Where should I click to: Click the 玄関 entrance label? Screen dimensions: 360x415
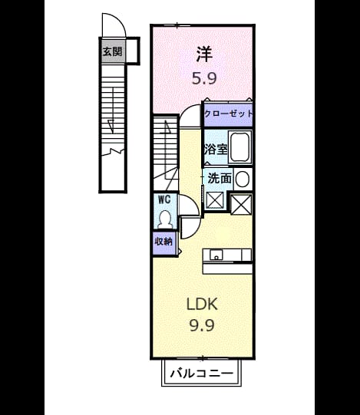pyautogui.click(x=112, y=51)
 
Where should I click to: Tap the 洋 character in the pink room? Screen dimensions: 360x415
pyautogui.click(x=204, y=54)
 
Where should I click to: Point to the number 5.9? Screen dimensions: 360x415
pyautogui.click(x=204, y=78)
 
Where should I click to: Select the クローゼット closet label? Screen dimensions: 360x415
pyautogui.click(x=228, y=114)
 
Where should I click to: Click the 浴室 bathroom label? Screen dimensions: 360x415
pyautogui.click(x=216, y=150)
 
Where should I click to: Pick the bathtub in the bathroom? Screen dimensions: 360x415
pyautogui.click(x=240, y=147)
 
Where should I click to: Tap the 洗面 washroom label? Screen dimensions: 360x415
pyautogui.click(x=220, y=179)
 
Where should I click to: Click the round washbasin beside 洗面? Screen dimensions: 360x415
pyautogui.click(x=242, y=180)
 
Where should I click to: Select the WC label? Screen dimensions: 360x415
pyautogui.click(x=164, y=199)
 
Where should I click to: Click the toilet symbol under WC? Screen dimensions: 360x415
pyautogui.click(x=165, y=219)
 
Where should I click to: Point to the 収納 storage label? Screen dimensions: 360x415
pyautogui.click(x=163, y=241)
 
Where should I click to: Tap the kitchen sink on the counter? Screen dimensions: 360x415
pyautogui.click(x=216, y=255)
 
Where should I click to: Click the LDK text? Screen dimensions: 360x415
pyautogui.click(x=202, y=304)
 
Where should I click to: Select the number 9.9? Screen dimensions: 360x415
pyautogui.click(x=202, y=325)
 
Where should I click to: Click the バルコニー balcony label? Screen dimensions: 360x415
pyautogui.click(x=202, y=374)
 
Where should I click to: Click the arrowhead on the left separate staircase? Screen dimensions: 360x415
pyautogui.click(x=111, y=125)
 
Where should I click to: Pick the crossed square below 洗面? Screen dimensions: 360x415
pyautogui.click(x=215, y=200)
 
